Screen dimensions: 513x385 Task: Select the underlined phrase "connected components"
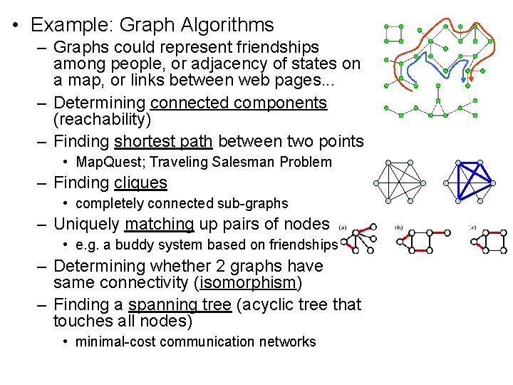click(239, 103)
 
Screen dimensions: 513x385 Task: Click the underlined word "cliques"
click(140, 183)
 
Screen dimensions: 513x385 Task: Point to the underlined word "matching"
click(159, 224)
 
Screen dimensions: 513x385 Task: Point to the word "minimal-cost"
click(115, 342)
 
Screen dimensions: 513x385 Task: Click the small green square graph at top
click(393, 33)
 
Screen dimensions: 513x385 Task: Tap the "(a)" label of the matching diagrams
click(343, 227)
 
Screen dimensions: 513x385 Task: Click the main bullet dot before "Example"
click(16, 26)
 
